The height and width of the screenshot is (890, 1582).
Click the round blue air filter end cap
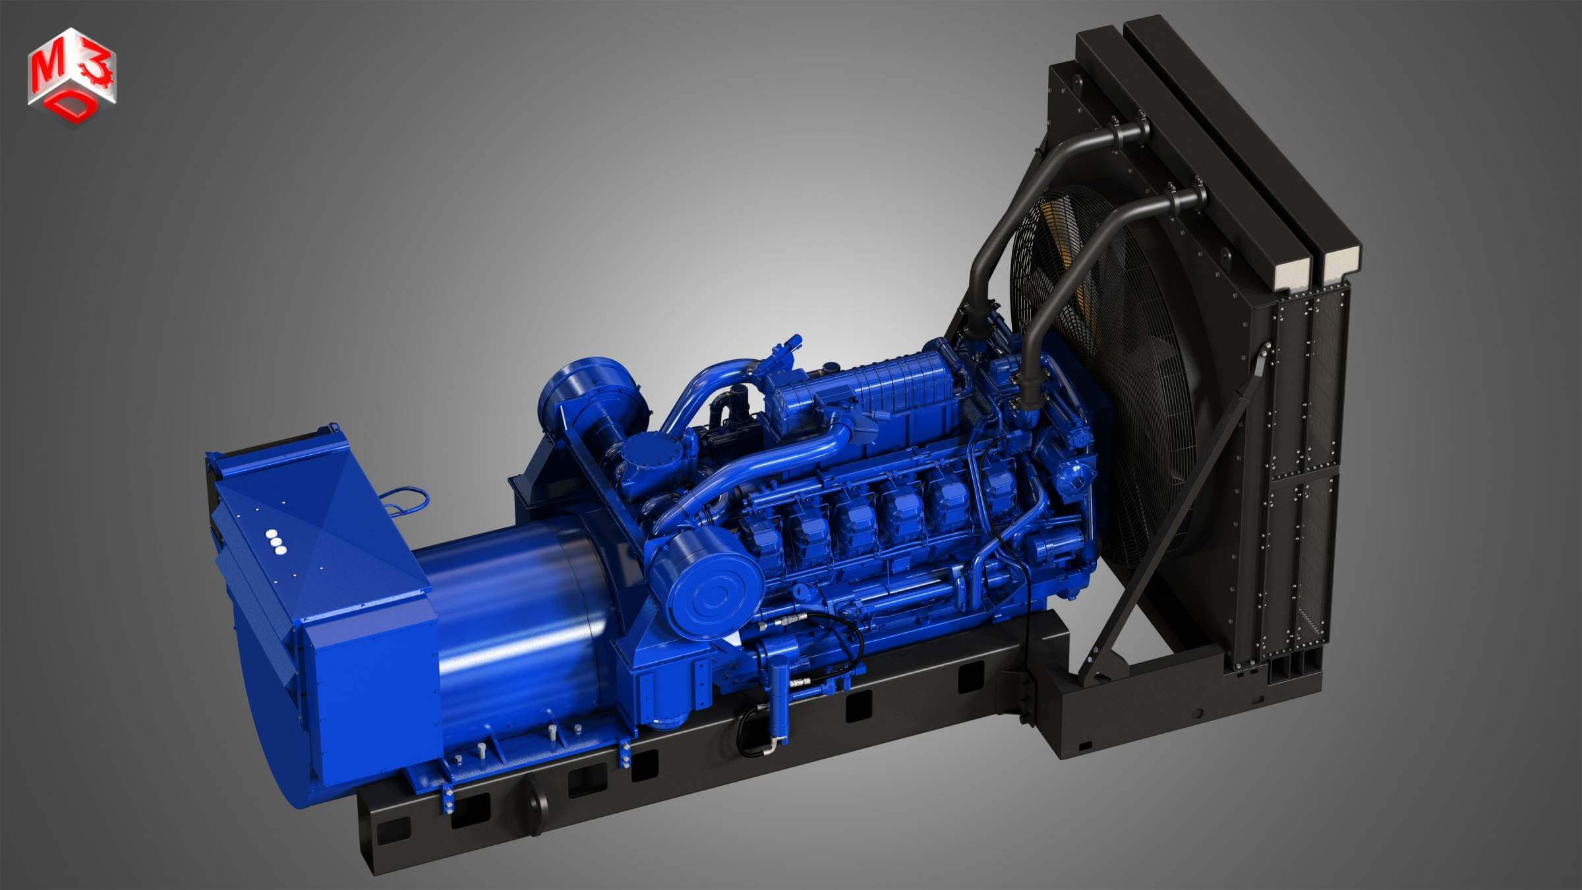click(713, 595)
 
